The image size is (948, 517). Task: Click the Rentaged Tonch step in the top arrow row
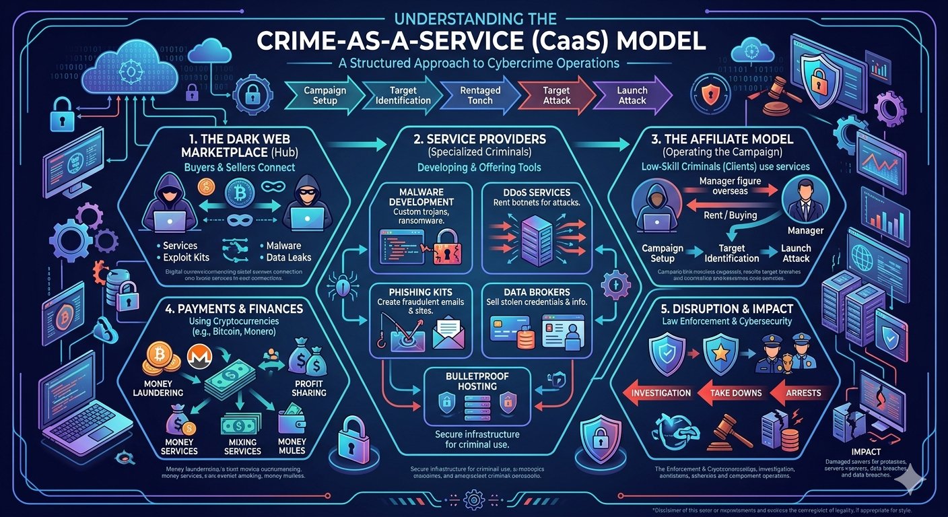(480, 95)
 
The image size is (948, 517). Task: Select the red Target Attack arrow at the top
(557, 95)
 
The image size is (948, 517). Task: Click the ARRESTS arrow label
(803, 392)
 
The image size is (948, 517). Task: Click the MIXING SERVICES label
(242, 446)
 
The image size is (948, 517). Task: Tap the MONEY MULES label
(291, 446)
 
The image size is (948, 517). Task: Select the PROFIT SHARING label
(309, 388)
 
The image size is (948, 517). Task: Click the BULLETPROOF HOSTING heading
(471, 382)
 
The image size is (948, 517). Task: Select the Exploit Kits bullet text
(186, 257)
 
